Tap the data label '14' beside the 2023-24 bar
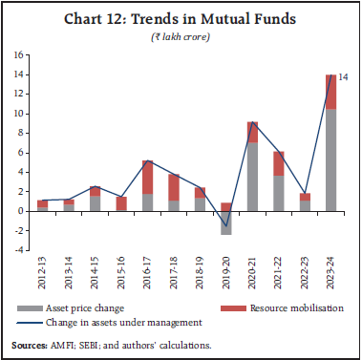(x=345, y=75)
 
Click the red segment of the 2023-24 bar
(x=330, y=92)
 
